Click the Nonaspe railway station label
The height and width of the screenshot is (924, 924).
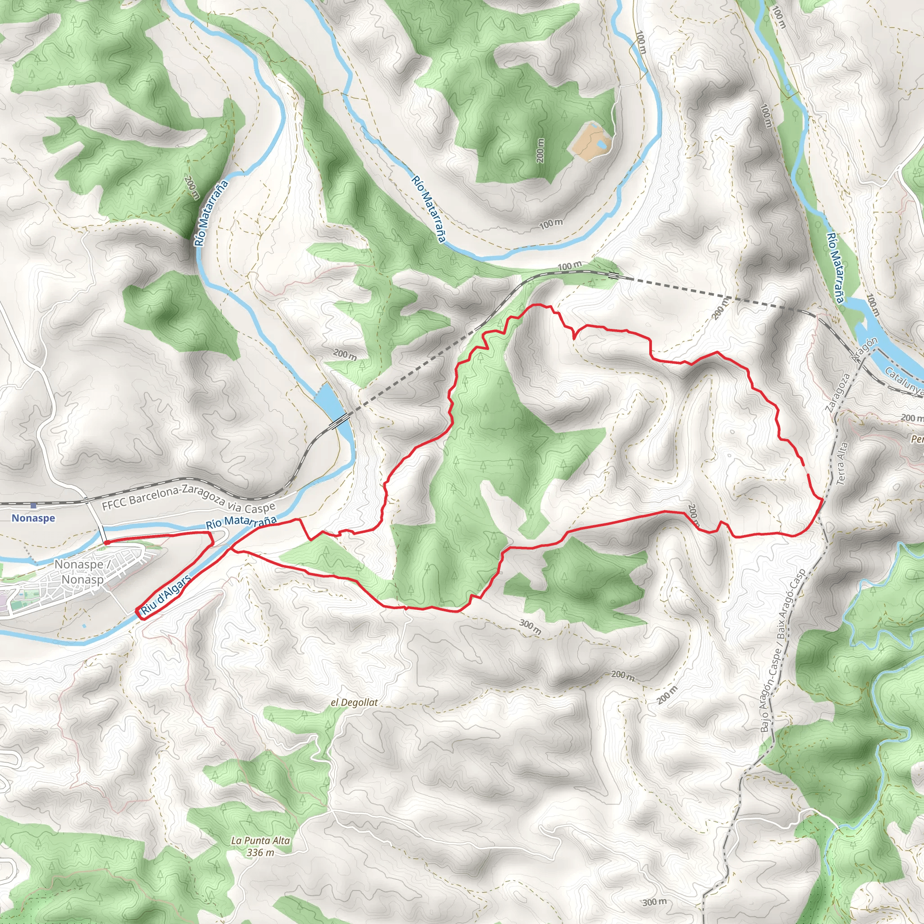pos(33,518)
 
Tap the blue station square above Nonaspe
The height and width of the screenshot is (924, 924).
pos(33,505)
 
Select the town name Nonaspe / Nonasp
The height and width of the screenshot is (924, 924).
pos(82,572)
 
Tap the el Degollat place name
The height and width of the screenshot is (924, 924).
pos(354,702)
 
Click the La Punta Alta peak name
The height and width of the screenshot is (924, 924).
pos(260,840)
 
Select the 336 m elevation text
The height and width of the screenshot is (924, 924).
pos(261,852)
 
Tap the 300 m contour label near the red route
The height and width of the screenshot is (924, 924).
pos(531,627)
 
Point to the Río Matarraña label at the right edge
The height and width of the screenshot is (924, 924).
pos(835,268)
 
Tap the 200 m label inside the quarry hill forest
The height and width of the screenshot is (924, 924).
pos(541,151)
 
